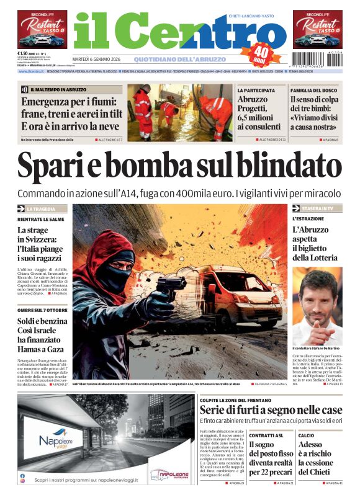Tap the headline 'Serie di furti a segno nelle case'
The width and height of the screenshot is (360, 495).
tap(271, 410)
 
